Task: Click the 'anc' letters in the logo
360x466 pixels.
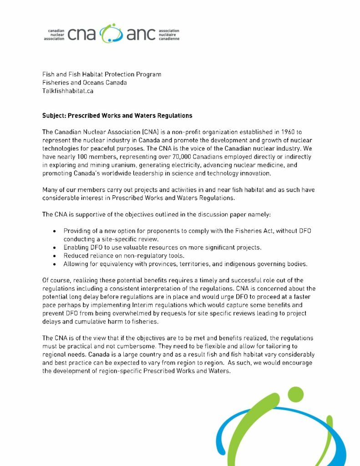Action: [x=139, y=35]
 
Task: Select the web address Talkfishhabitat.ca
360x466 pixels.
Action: [x=68, y=91]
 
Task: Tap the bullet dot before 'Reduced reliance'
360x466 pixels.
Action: [x=55, y=256]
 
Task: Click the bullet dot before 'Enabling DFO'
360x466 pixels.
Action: [x=55, y=248]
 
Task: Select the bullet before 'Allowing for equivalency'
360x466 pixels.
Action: [x=55, y=264]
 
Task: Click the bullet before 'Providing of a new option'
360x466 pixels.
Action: [x=55, y=231]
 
